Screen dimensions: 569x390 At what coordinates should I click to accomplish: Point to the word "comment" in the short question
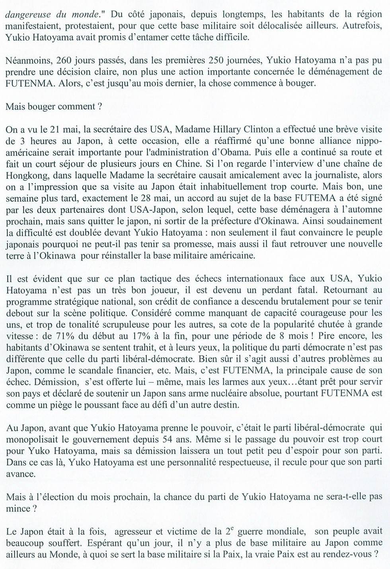click(74, 107)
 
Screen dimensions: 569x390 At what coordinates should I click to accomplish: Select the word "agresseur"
click(136, 532)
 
